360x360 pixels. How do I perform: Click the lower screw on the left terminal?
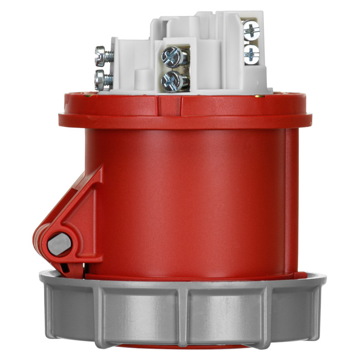pyautogui.click(x=102, y=80)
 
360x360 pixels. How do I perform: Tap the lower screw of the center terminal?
pyautogui.click(x=173, y=80)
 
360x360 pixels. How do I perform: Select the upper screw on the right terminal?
pyautogui.click(x=251, y=30)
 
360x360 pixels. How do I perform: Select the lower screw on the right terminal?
pyautogui.click(x=251, y=54)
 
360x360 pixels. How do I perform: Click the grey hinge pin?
pyautogui.click(x=59, y=243)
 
